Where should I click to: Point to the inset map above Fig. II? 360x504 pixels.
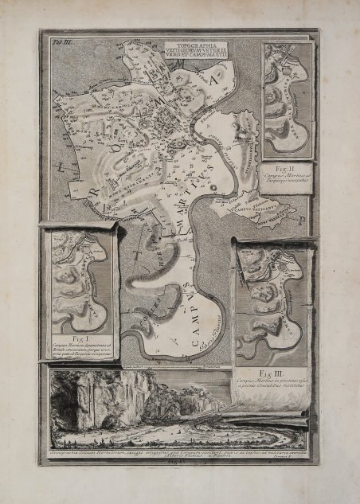[288, 100]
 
